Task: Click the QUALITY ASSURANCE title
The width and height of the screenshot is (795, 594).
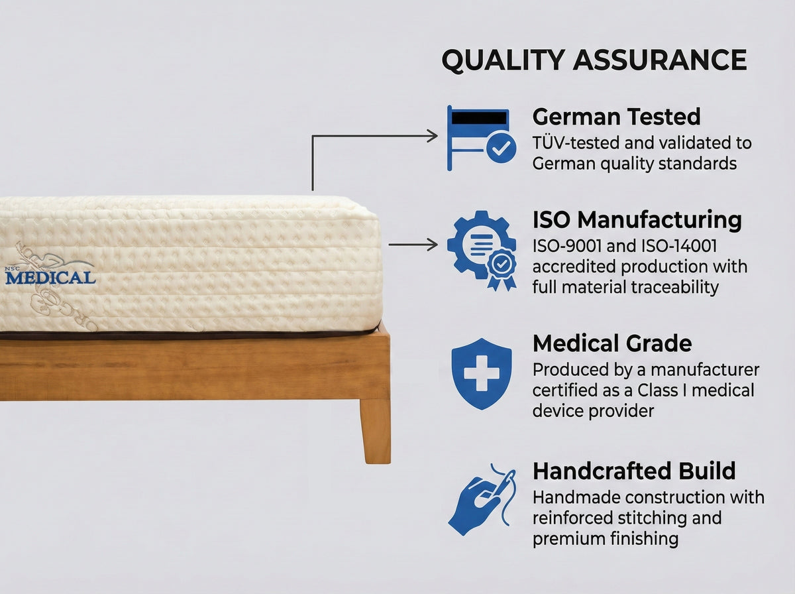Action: click(594, 60)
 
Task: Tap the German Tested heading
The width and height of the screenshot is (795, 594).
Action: click(616, 117)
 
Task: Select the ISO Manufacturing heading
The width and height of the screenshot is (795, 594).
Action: click(637, 219)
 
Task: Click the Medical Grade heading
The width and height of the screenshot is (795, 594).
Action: click(612, 343)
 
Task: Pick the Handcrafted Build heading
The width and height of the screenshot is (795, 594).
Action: click(634, 471)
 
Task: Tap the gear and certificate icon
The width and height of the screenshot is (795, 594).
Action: click(482, 250)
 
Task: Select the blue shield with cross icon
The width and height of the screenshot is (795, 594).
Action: click(482, 373)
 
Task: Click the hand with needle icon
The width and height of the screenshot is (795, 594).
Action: click(482, 499)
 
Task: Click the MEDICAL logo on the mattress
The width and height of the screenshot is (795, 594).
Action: click(50, 277)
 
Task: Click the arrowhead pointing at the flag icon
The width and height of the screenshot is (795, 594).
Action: click(432, 136)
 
